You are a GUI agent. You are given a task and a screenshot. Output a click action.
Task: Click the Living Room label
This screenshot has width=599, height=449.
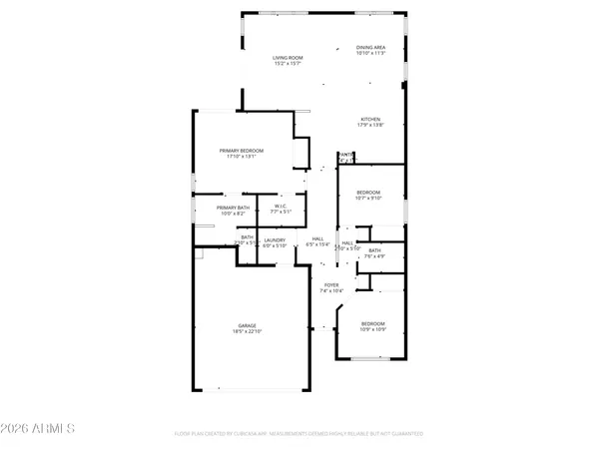tap(288, 58)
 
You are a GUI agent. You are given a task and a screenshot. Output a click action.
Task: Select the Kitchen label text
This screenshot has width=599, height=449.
tap(370, 119)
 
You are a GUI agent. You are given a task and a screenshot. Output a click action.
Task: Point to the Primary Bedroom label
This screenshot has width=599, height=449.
tap(242, 151)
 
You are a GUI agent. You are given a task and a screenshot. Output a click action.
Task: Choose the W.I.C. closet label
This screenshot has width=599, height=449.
tap(282, 207)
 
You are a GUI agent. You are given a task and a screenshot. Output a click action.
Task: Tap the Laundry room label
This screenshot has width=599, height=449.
tap(275, 239)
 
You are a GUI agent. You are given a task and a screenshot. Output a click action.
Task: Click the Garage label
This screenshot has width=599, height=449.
tap(247, 325)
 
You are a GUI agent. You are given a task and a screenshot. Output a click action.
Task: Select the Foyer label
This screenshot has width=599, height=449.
tap(329, 284)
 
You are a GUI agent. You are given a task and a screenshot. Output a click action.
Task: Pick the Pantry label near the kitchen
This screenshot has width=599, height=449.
tap(344, 155)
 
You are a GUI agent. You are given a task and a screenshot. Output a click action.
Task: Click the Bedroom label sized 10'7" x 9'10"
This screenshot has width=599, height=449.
tap(369, 192)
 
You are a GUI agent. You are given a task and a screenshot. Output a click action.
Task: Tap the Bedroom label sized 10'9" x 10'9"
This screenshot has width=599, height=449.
tap(371, 323)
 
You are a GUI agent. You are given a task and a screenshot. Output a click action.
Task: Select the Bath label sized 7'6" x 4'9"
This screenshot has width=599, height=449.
tap(374, 250)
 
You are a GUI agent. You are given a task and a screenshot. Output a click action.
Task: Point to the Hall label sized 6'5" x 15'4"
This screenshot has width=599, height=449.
tap(318, 239)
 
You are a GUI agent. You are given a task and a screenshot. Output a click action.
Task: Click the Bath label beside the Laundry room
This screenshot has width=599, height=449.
tap(246, 237)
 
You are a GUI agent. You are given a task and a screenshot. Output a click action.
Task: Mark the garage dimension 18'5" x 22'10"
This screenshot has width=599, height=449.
tap(247, 331)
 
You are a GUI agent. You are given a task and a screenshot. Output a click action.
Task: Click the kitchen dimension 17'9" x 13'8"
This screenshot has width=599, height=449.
tap(370, 125)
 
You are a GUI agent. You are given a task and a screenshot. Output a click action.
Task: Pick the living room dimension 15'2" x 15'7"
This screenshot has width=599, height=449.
tap(288, 64)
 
